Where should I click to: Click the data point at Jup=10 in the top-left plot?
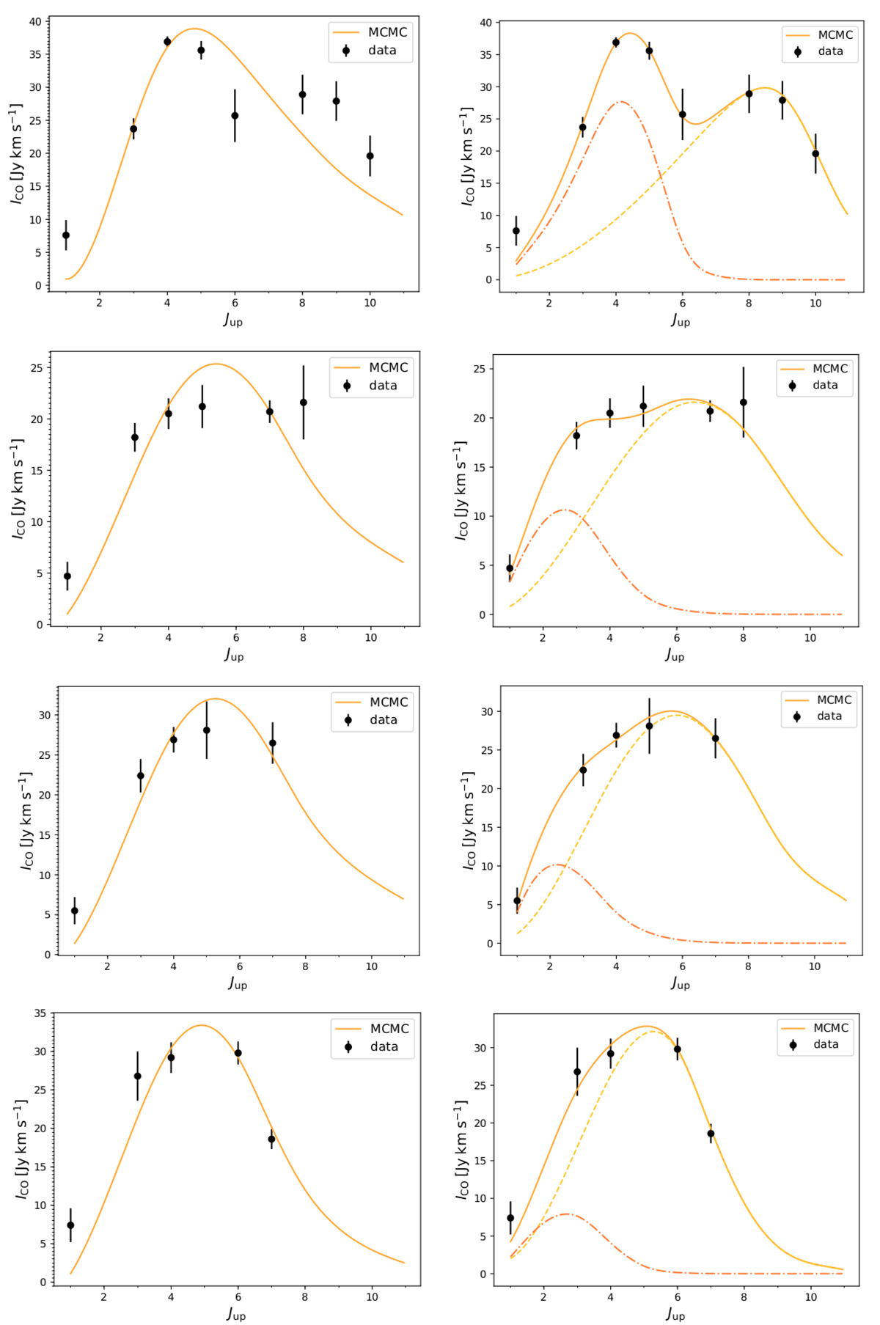click(370, 155)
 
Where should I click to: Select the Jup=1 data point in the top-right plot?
click(516, 231)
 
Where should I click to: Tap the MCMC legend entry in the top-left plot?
click(370, 32)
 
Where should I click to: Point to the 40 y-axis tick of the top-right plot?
click(485, 23)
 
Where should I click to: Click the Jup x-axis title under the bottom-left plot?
click(235, 1314)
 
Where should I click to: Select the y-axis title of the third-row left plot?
click(26, 821)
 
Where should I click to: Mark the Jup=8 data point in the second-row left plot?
click(303, 403)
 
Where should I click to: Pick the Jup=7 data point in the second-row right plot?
click(710, 411)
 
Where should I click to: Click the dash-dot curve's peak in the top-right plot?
click(620, 102)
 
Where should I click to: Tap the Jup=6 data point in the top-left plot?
click(235, 116)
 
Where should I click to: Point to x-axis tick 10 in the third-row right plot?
click(814, 966)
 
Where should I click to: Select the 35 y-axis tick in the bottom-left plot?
click(39, 1013)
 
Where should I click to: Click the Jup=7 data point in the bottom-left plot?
click(271, 1139)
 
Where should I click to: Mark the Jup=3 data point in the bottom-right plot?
click(577, 1072)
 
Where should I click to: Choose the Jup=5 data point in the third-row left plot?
click(207, 730)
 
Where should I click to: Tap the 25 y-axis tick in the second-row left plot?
click(37, 367)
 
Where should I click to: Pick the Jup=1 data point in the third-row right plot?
click(517, 901)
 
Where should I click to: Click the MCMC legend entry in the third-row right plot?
click(818, 700)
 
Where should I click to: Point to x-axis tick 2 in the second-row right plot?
click(543, 638)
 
